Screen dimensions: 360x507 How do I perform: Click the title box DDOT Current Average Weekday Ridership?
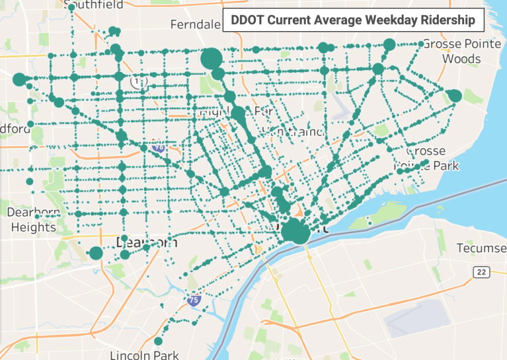point(353,20)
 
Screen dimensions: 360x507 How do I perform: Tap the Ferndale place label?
point(195,24)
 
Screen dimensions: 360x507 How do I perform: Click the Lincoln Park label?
point(144,355)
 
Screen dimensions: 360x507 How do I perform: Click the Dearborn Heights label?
point(33,220)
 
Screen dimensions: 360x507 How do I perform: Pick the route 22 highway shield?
point(481,272)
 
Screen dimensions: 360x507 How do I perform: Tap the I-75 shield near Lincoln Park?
point(193,300)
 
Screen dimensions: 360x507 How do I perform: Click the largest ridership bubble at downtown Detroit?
point(295,233)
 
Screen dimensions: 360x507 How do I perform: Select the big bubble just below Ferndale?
point(211,59)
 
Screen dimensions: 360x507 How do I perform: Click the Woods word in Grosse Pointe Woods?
point(461,59)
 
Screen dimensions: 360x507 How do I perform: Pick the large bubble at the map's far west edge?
point(19,79)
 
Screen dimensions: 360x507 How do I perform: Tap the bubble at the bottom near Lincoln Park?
point(158,341)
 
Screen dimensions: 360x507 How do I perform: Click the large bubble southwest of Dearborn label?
point(97,253)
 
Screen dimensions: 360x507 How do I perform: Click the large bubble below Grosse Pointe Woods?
point(455,96)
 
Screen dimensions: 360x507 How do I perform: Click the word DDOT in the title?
point(246,20)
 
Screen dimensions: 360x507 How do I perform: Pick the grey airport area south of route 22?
point(417,316)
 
